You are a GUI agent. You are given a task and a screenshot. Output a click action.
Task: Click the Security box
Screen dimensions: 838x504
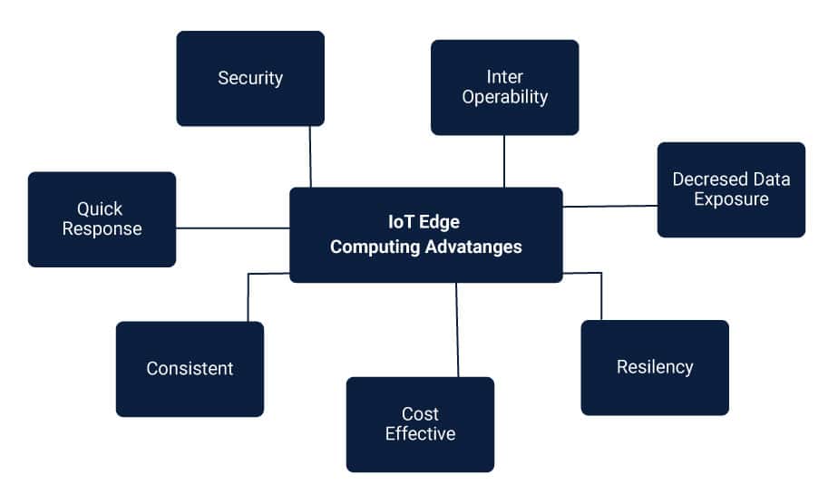point(250,79)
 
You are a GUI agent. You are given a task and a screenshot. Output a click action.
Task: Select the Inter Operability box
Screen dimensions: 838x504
point(504,87)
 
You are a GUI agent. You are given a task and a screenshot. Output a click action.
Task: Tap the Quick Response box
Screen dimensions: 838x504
point(102,219)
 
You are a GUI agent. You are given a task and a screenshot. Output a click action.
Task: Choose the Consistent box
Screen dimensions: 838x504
point(190,369)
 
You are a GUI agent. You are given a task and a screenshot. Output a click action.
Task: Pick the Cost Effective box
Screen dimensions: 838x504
point(420,424)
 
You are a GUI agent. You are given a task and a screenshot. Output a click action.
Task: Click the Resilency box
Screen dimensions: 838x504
point(655,367)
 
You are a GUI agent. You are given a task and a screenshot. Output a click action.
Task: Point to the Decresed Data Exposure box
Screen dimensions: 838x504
point(731,189)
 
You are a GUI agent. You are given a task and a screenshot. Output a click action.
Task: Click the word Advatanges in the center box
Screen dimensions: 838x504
point(473,247)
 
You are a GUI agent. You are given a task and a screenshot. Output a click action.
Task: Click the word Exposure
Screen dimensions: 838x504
point(731,199)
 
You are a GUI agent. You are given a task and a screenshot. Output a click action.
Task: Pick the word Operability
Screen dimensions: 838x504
point(505,97)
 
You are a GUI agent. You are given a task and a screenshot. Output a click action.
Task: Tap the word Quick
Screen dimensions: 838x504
point(100,208)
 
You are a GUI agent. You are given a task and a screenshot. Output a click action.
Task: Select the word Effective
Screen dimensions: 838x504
point(420,433)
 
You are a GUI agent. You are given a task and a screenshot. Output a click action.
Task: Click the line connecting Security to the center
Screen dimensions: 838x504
point(310,157)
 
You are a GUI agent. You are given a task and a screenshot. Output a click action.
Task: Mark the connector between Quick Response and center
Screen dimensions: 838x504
point(232,228)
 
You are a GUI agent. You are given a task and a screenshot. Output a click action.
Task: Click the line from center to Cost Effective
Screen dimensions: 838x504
point(457,330)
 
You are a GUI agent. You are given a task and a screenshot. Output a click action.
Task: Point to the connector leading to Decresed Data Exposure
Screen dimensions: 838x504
point(609,206)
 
